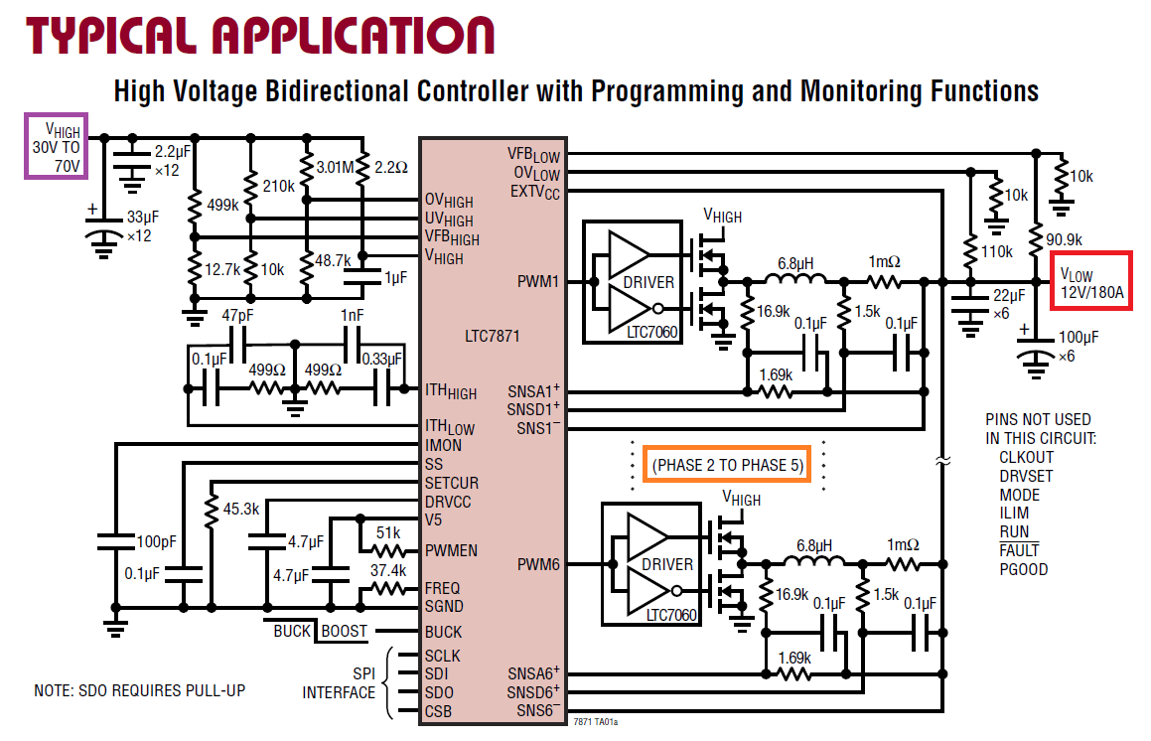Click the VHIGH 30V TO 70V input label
pyautogui.click(x=56, y=146)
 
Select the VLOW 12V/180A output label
pyautogui.click(x=1091, y=282)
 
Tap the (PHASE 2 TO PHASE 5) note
pyautogui.click(x=727, y=465)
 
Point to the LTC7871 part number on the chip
pyautogui.click(x=491, y=336)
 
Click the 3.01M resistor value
pyautogui.click(x=334, y=166)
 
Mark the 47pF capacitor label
pyautogui.click(x=239, y=316)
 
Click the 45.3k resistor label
pyautogui.click(x=241, y=509)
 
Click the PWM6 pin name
pyautogui.click(x=538, y=564)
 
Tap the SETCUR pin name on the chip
pyautogui.click(x=452, y=483)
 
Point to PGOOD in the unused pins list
pyautogui.click(x=1024, y=569)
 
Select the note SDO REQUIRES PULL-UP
pyautogui.click(x=139, y=690)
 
